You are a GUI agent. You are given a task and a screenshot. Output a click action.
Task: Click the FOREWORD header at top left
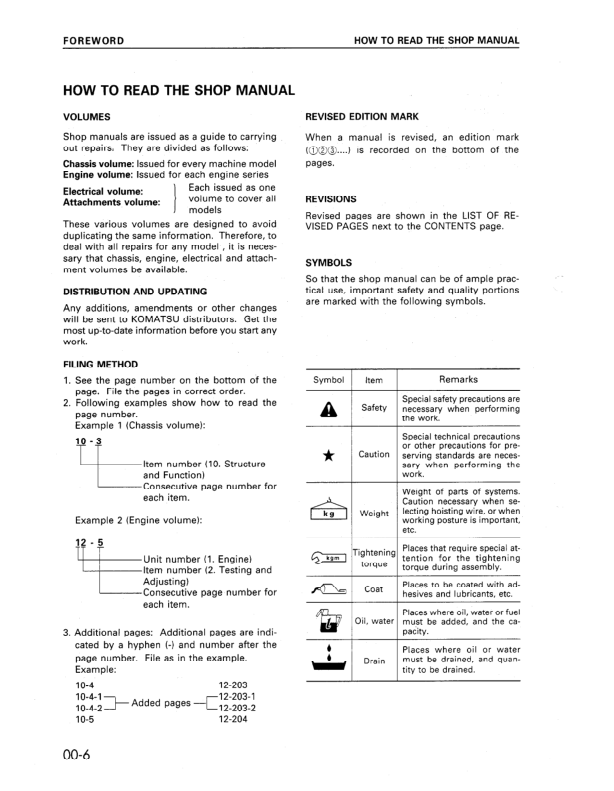click(93, 41)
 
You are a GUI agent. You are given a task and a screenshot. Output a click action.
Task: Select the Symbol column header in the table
click(329, 380)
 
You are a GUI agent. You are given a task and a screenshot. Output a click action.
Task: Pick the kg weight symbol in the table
click(329, 513)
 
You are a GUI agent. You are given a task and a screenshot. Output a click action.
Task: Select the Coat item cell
click(374, 590)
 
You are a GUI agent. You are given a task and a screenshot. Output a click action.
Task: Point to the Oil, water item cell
click(374, 622)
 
